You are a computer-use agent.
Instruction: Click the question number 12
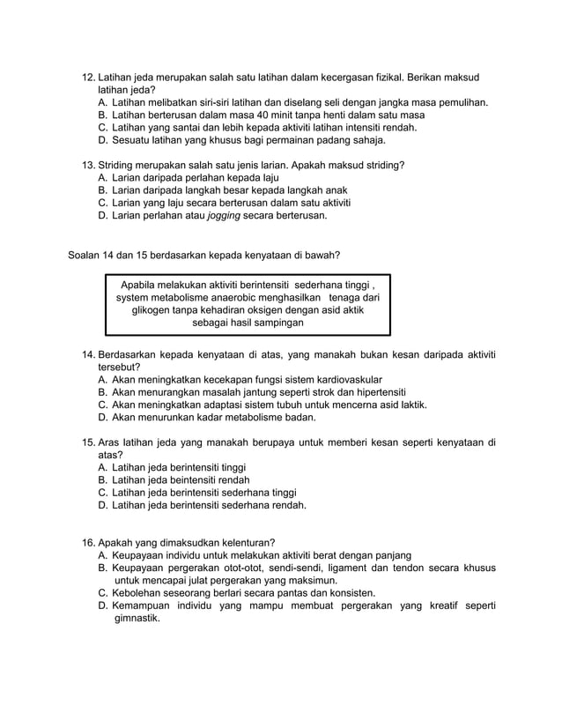[x=88, y=77]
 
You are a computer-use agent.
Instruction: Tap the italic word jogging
[x=225, y=214]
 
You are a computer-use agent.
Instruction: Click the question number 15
[x=88, y=442]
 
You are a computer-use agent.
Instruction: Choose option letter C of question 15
[x=103, y=492]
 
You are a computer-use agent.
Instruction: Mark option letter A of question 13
[x=103, y=177]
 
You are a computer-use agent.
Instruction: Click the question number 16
[x=88, y=543]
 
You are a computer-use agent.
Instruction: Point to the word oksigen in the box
[x=270, y=310]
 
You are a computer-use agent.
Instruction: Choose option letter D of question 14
[x=103, y=417]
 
